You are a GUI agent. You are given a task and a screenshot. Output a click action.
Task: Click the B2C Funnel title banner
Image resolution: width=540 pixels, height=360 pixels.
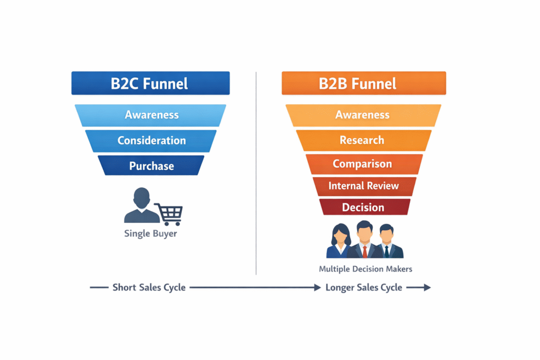tap(150, 83)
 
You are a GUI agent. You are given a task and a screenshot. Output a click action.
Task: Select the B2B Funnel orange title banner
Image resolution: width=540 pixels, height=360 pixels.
tap(363, 83)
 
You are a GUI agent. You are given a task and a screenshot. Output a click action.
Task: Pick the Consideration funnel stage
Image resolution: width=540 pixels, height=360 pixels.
tap(151, 141)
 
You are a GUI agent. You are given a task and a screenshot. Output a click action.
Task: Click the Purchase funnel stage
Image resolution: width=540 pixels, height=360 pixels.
tap(151, 166)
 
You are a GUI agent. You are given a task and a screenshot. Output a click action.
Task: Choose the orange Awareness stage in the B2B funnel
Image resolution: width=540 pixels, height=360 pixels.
tap(363, 115)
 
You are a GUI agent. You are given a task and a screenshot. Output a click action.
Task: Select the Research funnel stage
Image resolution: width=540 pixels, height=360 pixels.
tap(363, 140)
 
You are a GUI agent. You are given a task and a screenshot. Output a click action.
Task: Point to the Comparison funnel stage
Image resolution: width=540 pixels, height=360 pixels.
tap(363, 164)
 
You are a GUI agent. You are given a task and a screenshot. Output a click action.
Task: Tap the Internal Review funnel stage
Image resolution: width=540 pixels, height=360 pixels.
tap(363, 186)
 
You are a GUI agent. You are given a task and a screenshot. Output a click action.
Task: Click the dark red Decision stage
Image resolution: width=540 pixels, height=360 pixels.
tap(363, 207)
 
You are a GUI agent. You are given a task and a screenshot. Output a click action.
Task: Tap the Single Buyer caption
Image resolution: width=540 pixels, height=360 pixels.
tap(150, 233)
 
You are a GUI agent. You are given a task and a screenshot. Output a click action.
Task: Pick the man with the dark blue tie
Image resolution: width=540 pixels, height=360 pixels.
tap(387, 241)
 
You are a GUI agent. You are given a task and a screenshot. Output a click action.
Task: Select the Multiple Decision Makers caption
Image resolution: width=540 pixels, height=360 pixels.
tap(365, 269)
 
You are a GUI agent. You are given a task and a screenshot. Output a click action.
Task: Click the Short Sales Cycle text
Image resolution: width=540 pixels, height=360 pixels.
tap(149, 287)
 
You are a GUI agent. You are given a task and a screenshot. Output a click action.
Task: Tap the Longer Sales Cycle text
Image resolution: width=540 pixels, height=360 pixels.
tap(364, 287)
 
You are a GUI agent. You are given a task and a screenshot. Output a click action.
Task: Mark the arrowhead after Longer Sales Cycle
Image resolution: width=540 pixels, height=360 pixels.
tap(427, 287)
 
